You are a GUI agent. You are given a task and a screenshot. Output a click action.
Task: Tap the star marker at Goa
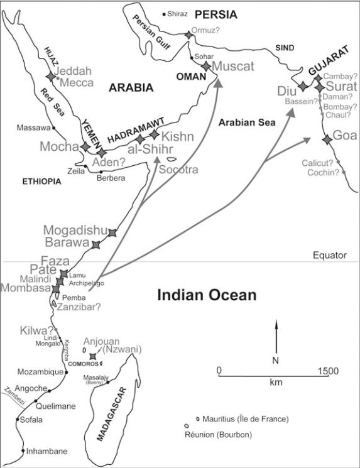[x=326, y=139]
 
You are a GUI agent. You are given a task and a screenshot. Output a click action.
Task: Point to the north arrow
[x=275, y=336]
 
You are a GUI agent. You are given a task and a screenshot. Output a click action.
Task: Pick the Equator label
[x=329, y=255]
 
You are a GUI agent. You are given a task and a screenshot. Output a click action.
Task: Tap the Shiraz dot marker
[x=165, y=14]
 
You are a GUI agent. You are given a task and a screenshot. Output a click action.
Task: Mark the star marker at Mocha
[x=86, y=146]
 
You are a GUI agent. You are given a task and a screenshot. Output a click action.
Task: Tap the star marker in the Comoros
[x=93, y=357]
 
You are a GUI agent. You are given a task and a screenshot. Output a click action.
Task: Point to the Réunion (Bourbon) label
[x=218, y=435]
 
